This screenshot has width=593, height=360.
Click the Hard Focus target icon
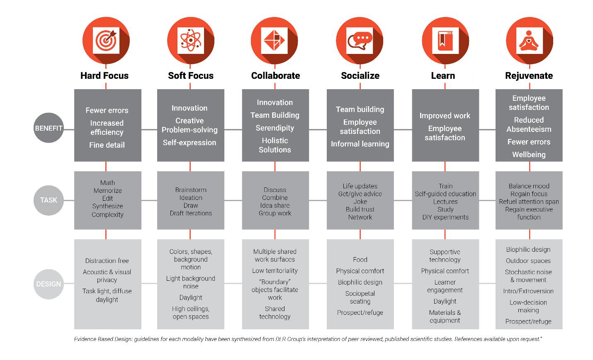pos(106,41)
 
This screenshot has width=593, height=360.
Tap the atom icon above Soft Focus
pos(191,41)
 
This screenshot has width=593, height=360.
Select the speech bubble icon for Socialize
pos(360,41)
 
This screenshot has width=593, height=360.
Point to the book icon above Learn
pos(445,41)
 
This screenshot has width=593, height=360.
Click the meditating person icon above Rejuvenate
pos(529,41)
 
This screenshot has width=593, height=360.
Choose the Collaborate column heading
pos(275,76)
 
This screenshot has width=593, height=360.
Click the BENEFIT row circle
pos(49,128)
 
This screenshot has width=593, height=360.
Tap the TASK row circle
pos(49,200)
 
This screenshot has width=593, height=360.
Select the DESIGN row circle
pos(49,284)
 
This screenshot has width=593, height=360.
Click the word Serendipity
pos(275,128)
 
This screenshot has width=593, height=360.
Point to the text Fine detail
pos(107,145)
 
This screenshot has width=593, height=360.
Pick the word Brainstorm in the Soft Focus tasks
pos(191,190)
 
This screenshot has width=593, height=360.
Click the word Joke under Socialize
pos(360,202)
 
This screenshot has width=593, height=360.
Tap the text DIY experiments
pos(445,217)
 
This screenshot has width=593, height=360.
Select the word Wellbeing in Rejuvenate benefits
pos(529,155)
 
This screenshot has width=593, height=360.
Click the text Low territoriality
pos(275,271)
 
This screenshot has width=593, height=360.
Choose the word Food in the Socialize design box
pos(360,260)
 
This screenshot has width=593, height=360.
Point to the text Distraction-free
pos(107,261)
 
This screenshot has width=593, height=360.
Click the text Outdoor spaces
pos(528,261)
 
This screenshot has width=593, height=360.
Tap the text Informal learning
pos(360,144)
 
